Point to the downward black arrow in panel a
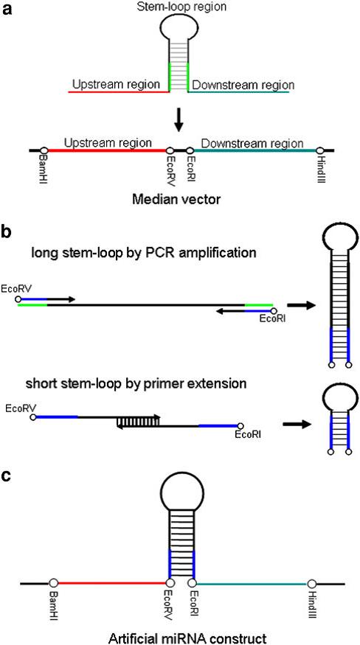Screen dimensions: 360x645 pyautogui.click(x=179, y=121)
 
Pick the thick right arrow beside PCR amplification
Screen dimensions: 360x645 pyautogui.click(x=301, y=305)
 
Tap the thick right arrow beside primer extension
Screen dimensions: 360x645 pyautogui.click(x=296, y=425)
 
